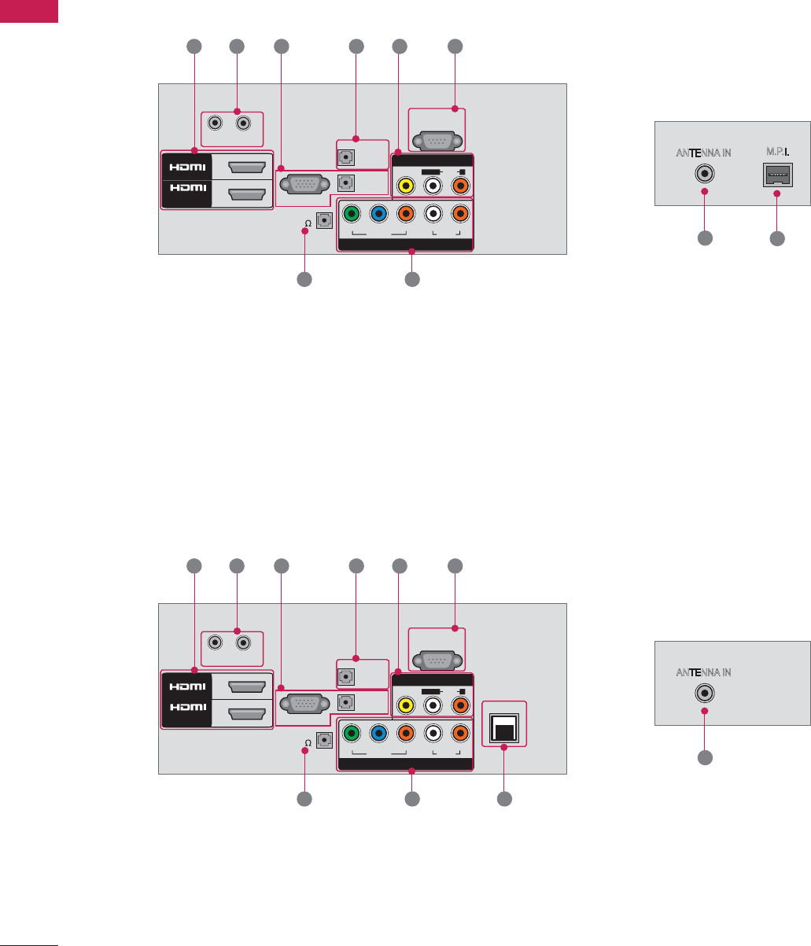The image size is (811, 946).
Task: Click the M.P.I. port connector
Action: [x=776, y=174]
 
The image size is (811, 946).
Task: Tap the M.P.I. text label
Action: [x=776, y=152]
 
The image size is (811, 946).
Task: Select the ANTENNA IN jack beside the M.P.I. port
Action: [x=706, y=174]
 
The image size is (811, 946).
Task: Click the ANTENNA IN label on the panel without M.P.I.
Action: [x=705, y=672]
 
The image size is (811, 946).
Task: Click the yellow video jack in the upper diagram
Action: [x=405, y=186]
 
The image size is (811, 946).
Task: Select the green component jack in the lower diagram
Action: [x=352, y=735]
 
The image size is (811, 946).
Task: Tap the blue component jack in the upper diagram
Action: [x=378, y=213]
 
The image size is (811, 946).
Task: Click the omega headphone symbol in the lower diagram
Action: [x=307, y=741]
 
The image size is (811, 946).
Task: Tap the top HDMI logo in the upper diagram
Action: [x=187, y=167]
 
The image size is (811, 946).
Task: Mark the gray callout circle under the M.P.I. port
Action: [x=776, y=237]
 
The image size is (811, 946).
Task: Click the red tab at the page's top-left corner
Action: [x=29, y=11]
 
